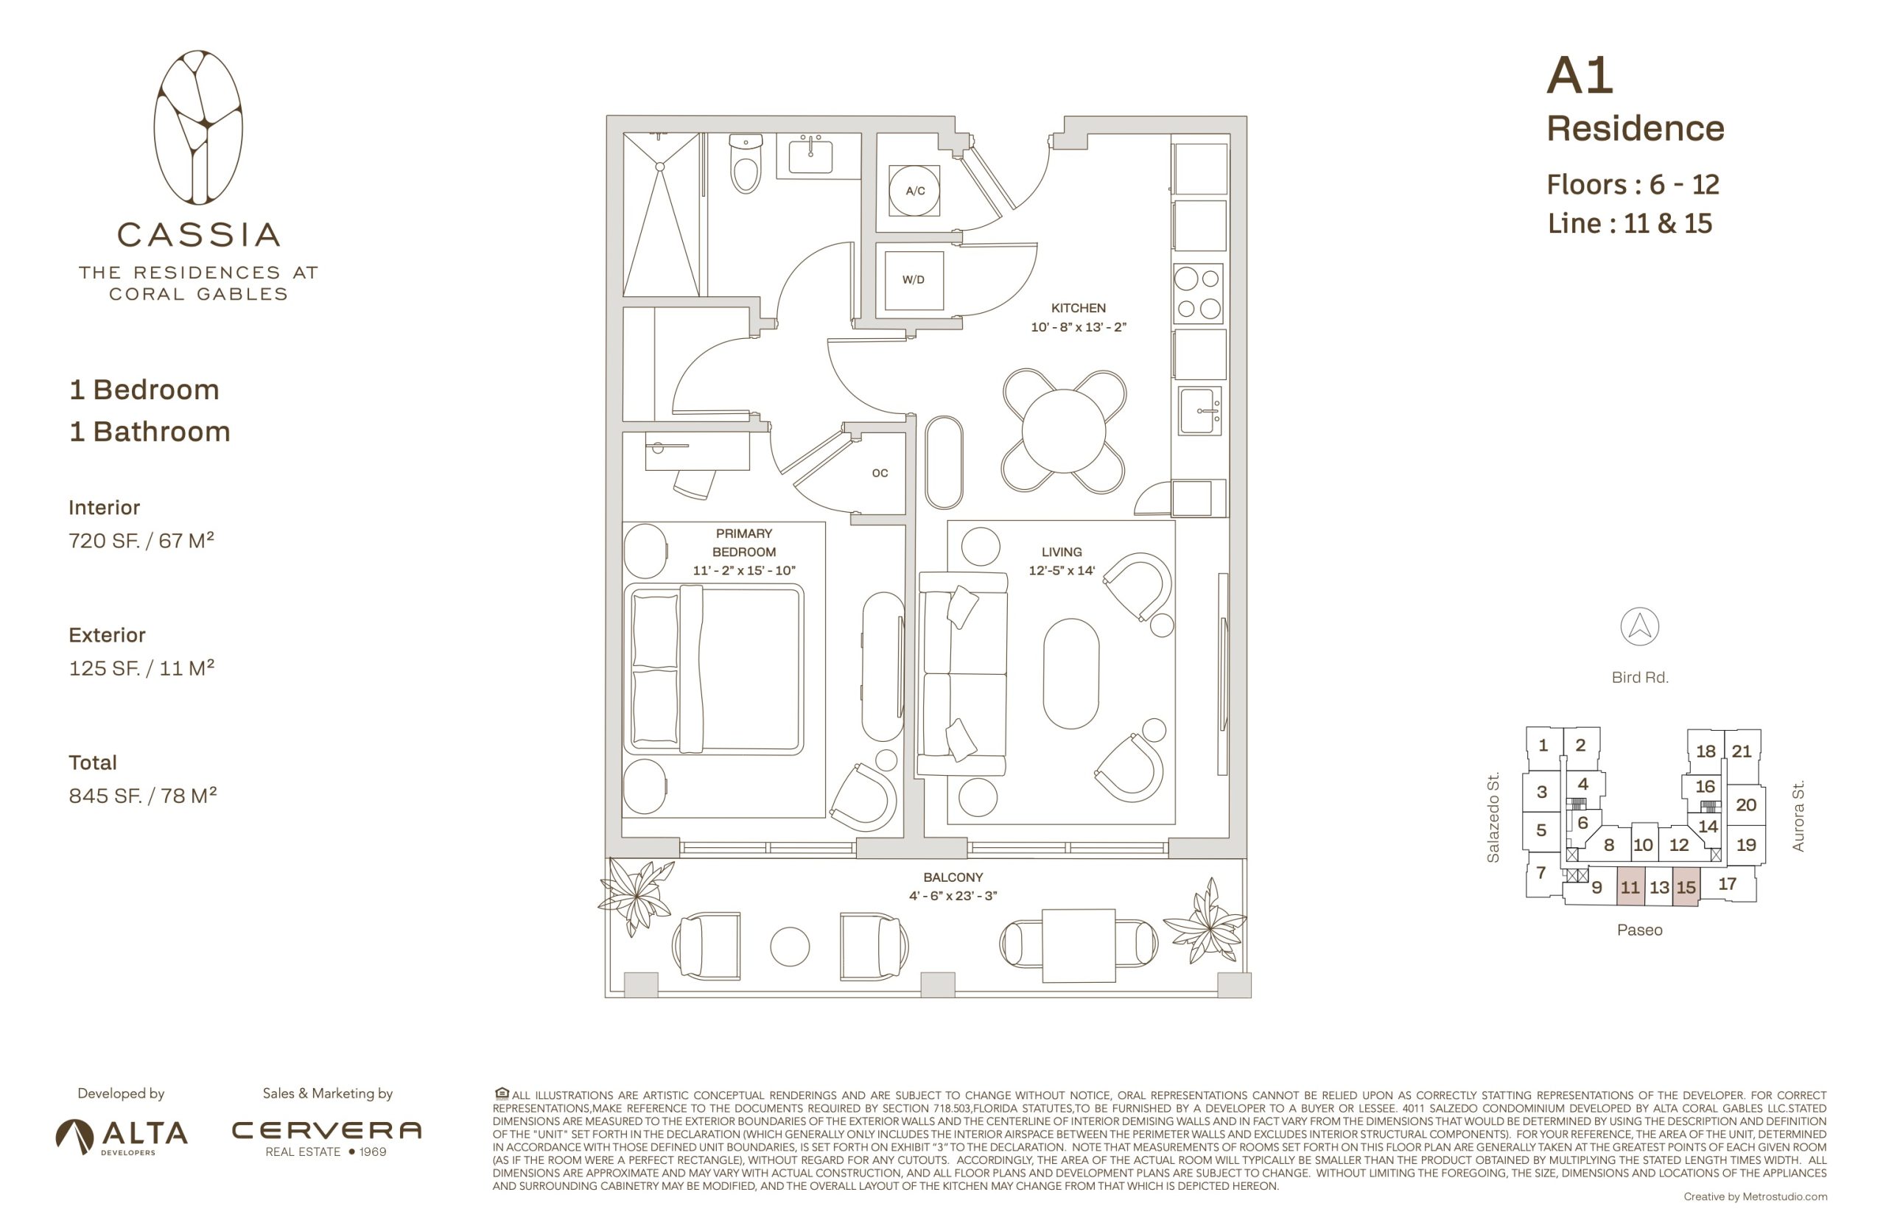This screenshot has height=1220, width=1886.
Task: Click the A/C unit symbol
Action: (x=914, y=191)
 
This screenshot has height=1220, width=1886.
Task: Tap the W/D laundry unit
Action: (x=914, y=281)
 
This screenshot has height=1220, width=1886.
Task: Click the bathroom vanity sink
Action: (x=810, y=155)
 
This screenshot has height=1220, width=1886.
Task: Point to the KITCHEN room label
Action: (x=1078, y=308)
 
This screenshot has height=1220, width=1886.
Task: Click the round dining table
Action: (x=1063, y=431)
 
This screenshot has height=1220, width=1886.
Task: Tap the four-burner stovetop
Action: (x=1199, y=293)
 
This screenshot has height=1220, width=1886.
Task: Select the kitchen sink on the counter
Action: (x=1199, y=410)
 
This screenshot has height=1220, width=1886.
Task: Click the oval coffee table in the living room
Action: (x=1071, y=673)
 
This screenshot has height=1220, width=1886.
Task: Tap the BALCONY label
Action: (x=953, y=877)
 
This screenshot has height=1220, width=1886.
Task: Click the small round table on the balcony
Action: (x=790, y=946)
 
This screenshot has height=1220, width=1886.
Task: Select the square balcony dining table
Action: (x=1078, y=945)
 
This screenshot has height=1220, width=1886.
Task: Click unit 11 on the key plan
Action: (x=1630, y=886)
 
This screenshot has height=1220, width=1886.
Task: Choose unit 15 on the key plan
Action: (x=1686, y=887)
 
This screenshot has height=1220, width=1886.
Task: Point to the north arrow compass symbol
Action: (x=1639, y=627)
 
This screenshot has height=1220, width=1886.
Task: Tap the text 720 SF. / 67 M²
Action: (x=141, y=540)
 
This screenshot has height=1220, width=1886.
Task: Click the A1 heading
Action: (x=1580, y=76)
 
